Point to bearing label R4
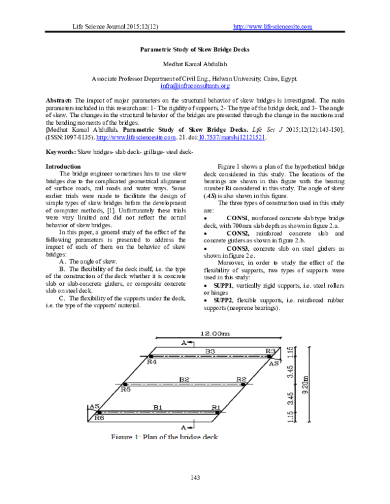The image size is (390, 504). (x=151, y=362)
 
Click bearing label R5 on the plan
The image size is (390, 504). (x=126, y=390)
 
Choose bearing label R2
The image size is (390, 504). (x=242, y=379)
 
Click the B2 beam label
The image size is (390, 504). (x=184, y=379)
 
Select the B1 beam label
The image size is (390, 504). (x=157, y=407)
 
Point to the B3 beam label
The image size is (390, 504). (x=210, y=351)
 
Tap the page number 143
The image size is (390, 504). (x=194, y=479)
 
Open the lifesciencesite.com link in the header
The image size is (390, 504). (x=272, y=27)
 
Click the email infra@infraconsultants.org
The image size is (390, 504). (x=195, y=86)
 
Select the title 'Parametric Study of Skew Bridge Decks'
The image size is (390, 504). (x=195, y=49)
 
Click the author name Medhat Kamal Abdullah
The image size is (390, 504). (x=195, y=64)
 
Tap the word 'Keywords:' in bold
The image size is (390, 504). (x=60, y=151)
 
